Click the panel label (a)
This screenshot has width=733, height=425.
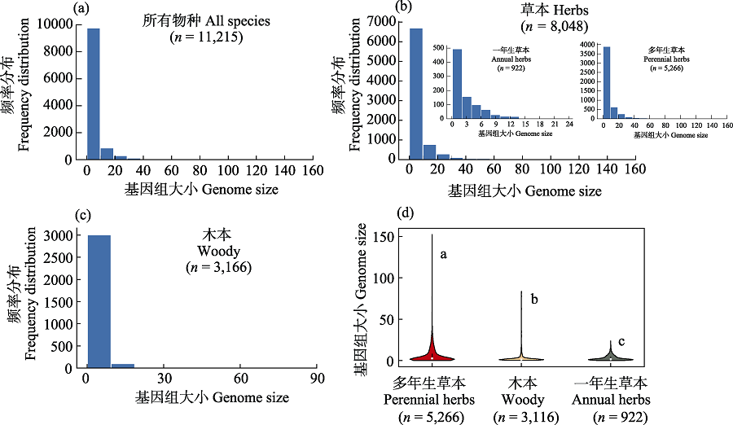tap(80, 8)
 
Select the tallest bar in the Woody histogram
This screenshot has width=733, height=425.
tap(99, 301)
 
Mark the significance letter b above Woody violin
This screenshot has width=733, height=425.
tap(534, 300)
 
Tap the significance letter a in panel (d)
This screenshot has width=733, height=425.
tap(444, 254)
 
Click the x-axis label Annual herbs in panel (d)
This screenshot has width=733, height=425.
tap(611, 400)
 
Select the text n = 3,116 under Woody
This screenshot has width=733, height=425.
tap(521, 417)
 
